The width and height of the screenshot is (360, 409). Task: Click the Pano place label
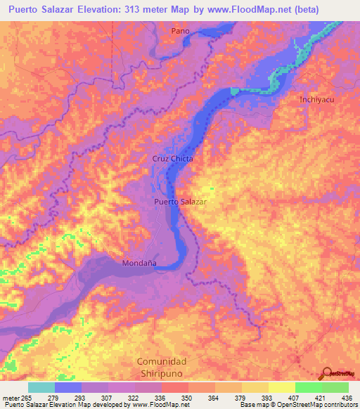click(181, 31)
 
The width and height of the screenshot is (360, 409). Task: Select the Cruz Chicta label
click(172, 159)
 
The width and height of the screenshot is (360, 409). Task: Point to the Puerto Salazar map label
click(180, 202)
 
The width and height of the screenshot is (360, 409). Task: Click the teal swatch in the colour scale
click(41, 387)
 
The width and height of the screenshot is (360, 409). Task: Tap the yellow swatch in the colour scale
click(282, 387)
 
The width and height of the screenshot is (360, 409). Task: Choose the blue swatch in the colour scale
click(68, 387)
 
